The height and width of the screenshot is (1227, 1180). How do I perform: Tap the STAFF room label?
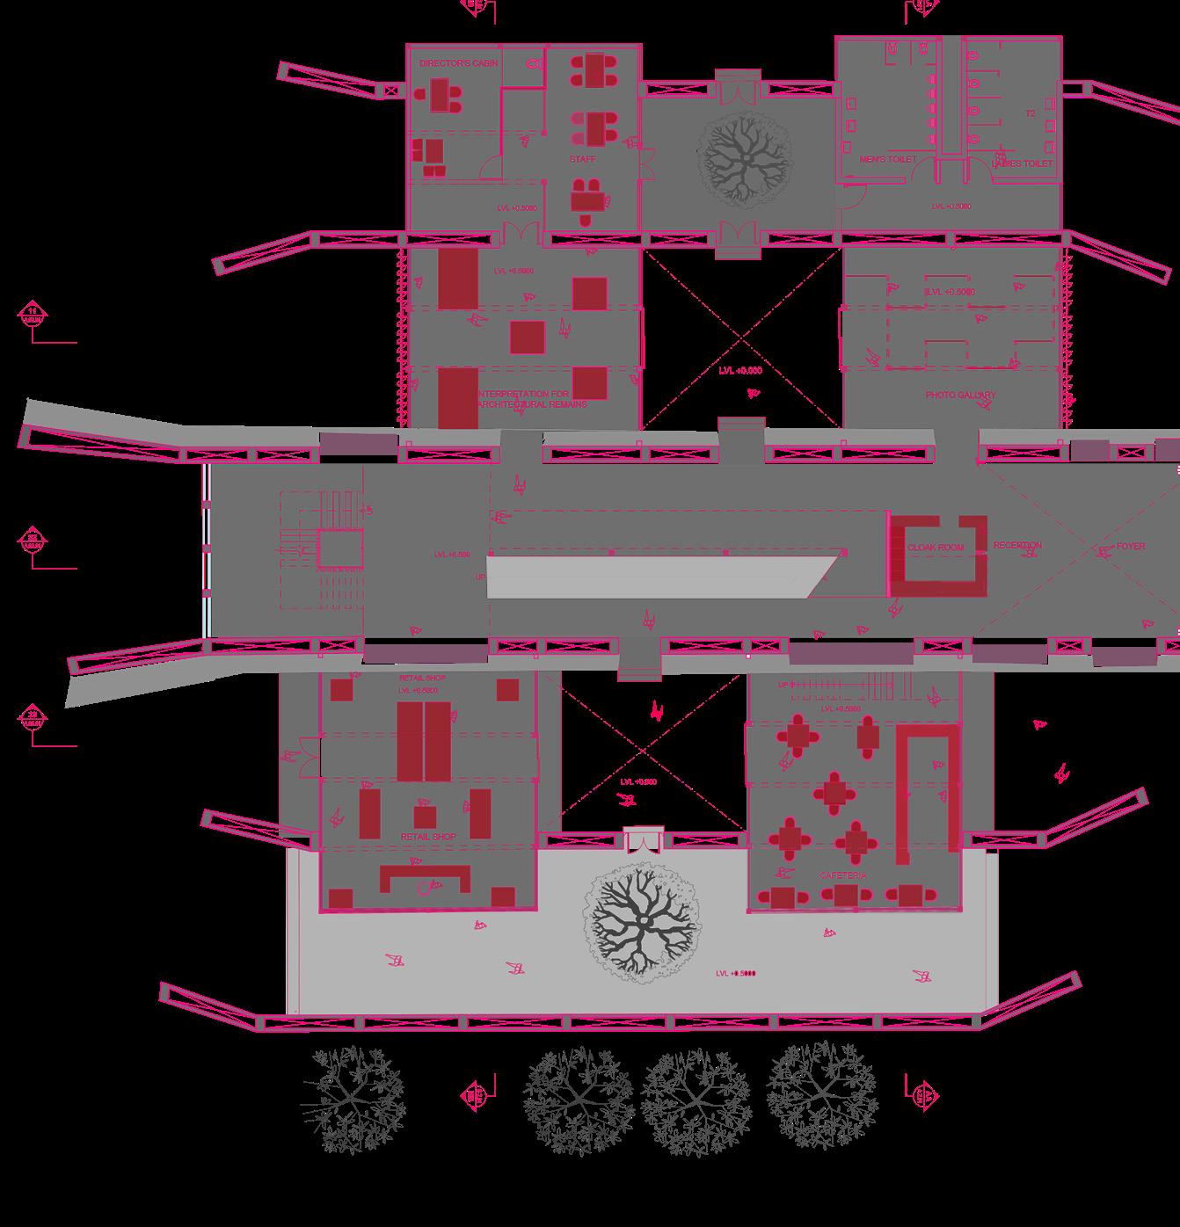pyautogui.click(x=581, y=159)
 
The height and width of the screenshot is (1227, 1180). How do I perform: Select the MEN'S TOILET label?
pyautogui.click(x=887, y=159)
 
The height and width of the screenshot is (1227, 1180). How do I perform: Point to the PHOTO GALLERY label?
pyautogui.click(x=960, y=396)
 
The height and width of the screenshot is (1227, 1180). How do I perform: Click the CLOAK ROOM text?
pyautogui.click(x=935, y=548)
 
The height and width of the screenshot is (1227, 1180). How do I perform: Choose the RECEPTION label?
pyautogui.click(x=1017, y=546)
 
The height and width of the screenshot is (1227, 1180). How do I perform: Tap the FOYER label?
pyautogui.click(x=1131, y=546)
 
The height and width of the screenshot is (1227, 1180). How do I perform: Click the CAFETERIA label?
pyautogui.click(x=843, y=876)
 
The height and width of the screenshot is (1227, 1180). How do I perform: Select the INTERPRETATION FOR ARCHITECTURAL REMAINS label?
pyautogui.click(x=530, y=399)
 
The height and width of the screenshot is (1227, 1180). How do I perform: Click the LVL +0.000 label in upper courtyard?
pyautogui.click(x=739, y=371)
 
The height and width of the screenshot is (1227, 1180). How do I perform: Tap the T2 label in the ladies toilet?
pyautogui.click(x=1031, y=114)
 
